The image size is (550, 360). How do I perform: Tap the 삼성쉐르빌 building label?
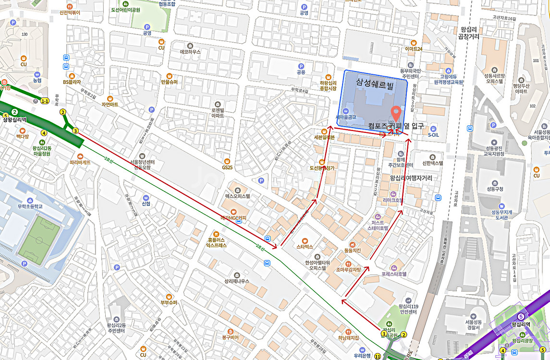point(375,83)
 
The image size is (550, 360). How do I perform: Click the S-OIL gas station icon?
point(433,129)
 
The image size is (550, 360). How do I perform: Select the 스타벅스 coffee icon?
point(305,240)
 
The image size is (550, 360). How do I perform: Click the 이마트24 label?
point(413,49)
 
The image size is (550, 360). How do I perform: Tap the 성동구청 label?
point(495,189)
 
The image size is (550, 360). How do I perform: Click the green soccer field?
point(39,240)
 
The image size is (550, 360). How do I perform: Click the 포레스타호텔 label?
point(394,274)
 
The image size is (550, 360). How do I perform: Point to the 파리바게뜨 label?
point(80,162)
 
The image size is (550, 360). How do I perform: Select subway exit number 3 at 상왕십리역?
point(75,131)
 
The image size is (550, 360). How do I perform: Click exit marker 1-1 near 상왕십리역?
point(45,101)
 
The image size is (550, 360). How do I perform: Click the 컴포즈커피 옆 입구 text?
point(396,126)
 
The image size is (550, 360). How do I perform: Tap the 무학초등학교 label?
point(31,206)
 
